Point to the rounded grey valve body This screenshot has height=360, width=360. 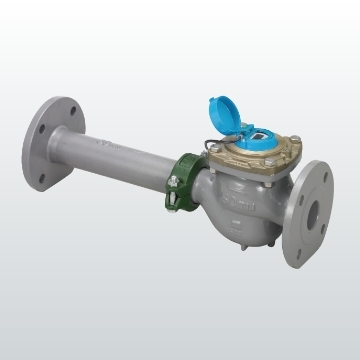tap(235, 205)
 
